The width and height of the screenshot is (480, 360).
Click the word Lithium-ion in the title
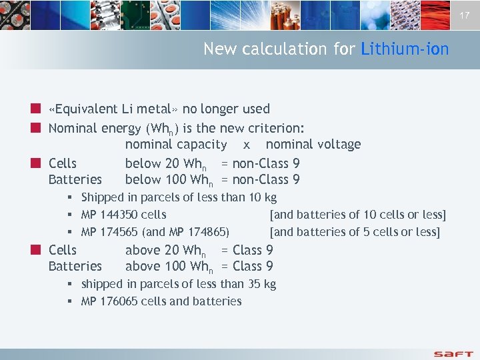[405, 49]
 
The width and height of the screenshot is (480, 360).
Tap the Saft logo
[453, 353]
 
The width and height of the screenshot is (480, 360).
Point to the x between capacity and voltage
[247, 145]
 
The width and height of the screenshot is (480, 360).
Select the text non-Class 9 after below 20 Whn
[266, 163]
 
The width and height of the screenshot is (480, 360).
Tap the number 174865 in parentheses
[206, 232]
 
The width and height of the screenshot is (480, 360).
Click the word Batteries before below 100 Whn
[75, 179]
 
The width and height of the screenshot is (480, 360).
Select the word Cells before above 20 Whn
[63, 250]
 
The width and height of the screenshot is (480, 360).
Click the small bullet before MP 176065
[70, 301]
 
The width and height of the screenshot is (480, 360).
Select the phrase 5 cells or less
[403, 232]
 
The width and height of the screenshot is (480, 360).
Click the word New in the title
[219, 49]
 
